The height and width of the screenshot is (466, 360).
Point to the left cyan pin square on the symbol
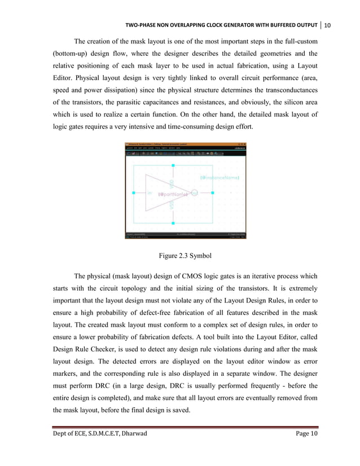click(x=134, y=193)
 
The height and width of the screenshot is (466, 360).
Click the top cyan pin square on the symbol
click(x=173, y=165)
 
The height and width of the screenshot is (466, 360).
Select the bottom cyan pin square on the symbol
click(x=173, y=222)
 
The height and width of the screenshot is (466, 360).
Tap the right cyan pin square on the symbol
click(x=213, y=193)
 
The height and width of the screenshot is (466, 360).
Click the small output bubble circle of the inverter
click(x=195, y=193)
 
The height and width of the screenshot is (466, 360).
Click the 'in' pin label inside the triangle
click(x=150, y=193)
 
